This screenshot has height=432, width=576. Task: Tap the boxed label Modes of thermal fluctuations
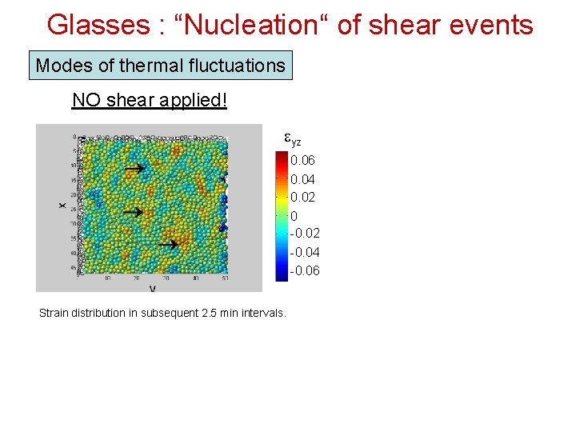coord(161,66)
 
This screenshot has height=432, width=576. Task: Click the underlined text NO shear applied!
coord(150,101)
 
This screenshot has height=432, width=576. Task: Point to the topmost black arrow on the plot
coord(134,169)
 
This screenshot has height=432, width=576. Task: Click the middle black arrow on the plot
coord(133,212)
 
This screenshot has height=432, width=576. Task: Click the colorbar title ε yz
coord(293,138)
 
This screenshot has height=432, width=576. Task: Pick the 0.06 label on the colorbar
coord(304,161)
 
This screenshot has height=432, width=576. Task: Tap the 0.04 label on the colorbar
coord(304,179)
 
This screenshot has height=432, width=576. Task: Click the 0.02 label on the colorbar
coord(304,198)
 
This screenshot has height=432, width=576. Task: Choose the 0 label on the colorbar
coord(294,216)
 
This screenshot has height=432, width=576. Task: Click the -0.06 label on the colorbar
coord(304,271)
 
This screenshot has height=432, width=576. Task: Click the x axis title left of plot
coord(62,206)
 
